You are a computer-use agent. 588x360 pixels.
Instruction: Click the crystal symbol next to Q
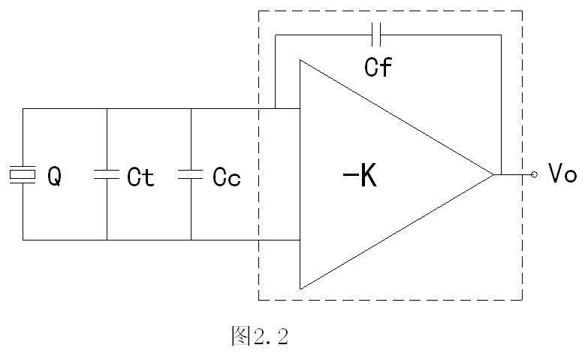pos(23,174)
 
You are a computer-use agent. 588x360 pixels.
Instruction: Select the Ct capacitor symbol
pos(107,174)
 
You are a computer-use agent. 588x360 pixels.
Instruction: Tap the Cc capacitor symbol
pos(191,174)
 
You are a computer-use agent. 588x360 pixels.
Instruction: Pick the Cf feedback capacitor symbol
pos(376,35)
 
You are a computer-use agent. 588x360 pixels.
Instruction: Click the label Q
pos(54,177)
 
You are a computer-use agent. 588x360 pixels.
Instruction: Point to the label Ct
pos(140,177)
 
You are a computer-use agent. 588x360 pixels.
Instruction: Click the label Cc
pos(227,177)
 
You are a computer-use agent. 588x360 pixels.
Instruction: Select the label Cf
pos(378,67)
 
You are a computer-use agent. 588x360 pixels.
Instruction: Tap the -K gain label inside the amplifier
pos(360,176)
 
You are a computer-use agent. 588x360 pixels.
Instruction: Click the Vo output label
pos(562,173)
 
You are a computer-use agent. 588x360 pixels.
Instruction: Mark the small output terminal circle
pos(535,174)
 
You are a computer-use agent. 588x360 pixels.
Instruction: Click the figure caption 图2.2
pos(260,336)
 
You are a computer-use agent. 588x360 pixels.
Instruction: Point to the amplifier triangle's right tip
pos(493,174)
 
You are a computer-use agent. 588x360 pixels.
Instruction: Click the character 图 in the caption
pos(241,336)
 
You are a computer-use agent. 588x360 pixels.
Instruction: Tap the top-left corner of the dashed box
pos(259,11)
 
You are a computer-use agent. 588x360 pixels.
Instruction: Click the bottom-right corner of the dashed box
pos(522,300)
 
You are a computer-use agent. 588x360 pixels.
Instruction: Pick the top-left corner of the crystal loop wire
pos(23,109)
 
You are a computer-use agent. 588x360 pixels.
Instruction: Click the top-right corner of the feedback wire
pos(501,35)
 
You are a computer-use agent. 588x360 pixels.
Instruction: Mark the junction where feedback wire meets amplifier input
pos(276,109)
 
